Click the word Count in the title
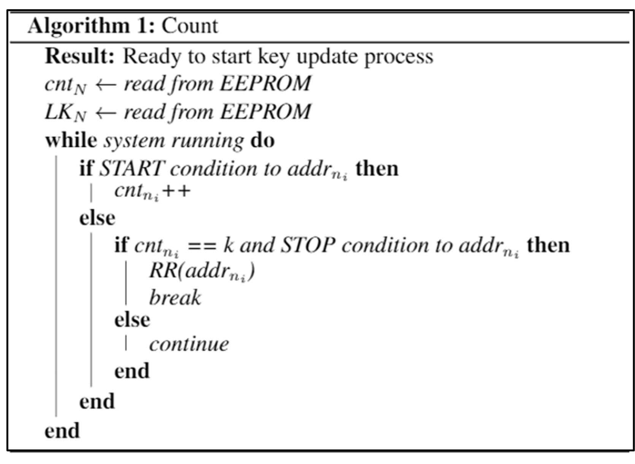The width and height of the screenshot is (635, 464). (190, 26)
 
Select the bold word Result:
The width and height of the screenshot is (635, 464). (79, 56)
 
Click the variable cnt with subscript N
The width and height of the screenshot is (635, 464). (65, 85)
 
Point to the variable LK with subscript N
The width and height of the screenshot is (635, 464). (65, 113)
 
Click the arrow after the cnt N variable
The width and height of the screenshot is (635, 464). (106, 84)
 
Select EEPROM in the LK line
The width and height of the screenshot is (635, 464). (265, 111)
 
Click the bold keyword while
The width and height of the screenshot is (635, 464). (71, 140)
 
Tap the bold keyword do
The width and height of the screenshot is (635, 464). (262, 140)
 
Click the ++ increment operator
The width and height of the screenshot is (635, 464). (176, 191)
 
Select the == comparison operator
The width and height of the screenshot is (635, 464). (202, 245)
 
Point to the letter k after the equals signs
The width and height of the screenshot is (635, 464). (228, 245)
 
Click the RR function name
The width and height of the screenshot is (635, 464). (163, 270)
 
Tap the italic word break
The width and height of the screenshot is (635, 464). (175, 297)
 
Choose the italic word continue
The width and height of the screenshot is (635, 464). (189, 344)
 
